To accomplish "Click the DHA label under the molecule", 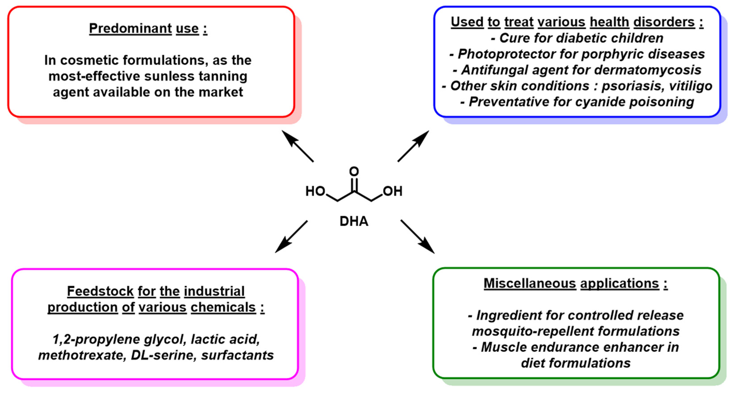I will click(x=354, y=221).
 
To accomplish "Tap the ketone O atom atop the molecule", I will click(x=354, y=171).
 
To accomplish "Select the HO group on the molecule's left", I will click(x=315, y=191).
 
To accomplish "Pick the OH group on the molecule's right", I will click(x=393, y=191).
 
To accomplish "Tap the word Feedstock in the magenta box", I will click(x=100, y=291).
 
